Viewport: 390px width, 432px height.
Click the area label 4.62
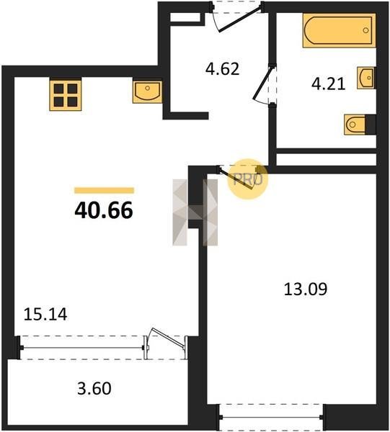[x=222, y=69]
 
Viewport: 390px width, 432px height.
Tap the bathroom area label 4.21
[x=328, y=84]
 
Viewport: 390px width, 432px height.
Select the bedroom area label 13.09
[x=306, y=289]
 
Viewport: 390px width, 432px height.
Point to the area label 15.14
[x=45, y=315]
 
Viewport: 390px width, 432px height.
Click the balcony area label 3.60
[x=94, y=389]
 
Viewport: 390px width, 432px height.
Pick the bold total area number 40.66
[x=104, y=210]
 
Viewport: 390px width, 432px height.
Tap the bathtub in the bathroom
[x=339, y=30]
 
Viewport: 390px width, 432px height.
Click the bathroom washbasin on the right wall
[x=365, y=78]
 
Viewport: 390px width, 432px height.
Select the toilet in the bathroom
[x=355, y=125]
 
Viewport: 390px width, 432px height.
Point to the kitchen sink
[x=147, y=92]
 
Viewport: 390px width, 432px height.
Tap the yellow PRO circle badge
[x=248, y=179]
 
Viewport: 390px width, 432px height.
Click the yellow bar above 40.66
[x=104, y=190]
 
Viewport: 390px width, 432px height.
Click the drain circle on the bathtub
[x=365, y=30]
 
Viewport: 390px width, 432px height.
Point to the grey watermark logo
[x=195, y=212]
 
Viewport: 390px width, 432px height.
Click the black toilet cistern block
[x=371, y=125]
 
